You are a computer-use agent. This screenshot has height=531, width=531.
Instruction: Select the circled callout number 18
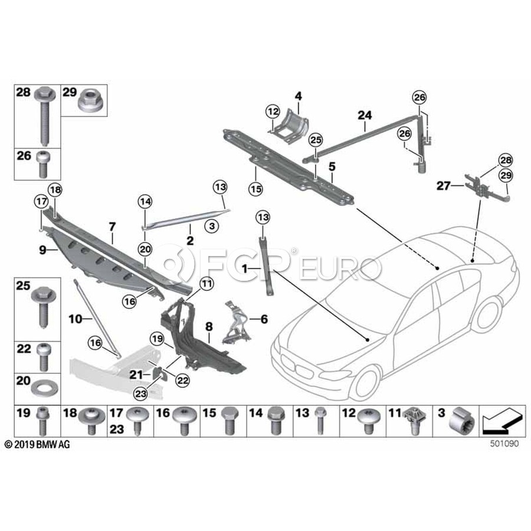coord(54,190)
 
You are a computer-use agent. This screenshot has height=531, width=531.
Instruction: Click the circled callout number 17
coord(40,201)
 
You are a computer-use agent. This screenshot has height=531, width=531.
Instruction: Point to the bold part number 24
coord(364,116)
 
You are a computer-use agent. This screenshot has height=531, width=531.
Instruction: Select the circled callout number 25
coord(316,140)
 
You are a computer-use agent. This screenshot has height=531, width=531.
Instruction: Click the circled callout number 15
coord(255,189)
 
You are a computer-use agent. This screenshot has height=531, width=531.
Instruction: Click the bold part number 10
coord(77,319)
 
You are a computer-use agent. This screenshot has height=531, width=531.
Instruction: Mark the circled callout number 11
coord(205,284)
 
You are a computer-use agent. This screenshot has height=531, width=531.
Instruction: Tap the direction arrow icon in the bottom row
coord(501,421)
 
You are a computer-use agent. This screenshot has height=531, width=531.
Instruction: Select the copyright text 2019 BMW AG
coord(37,444)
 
